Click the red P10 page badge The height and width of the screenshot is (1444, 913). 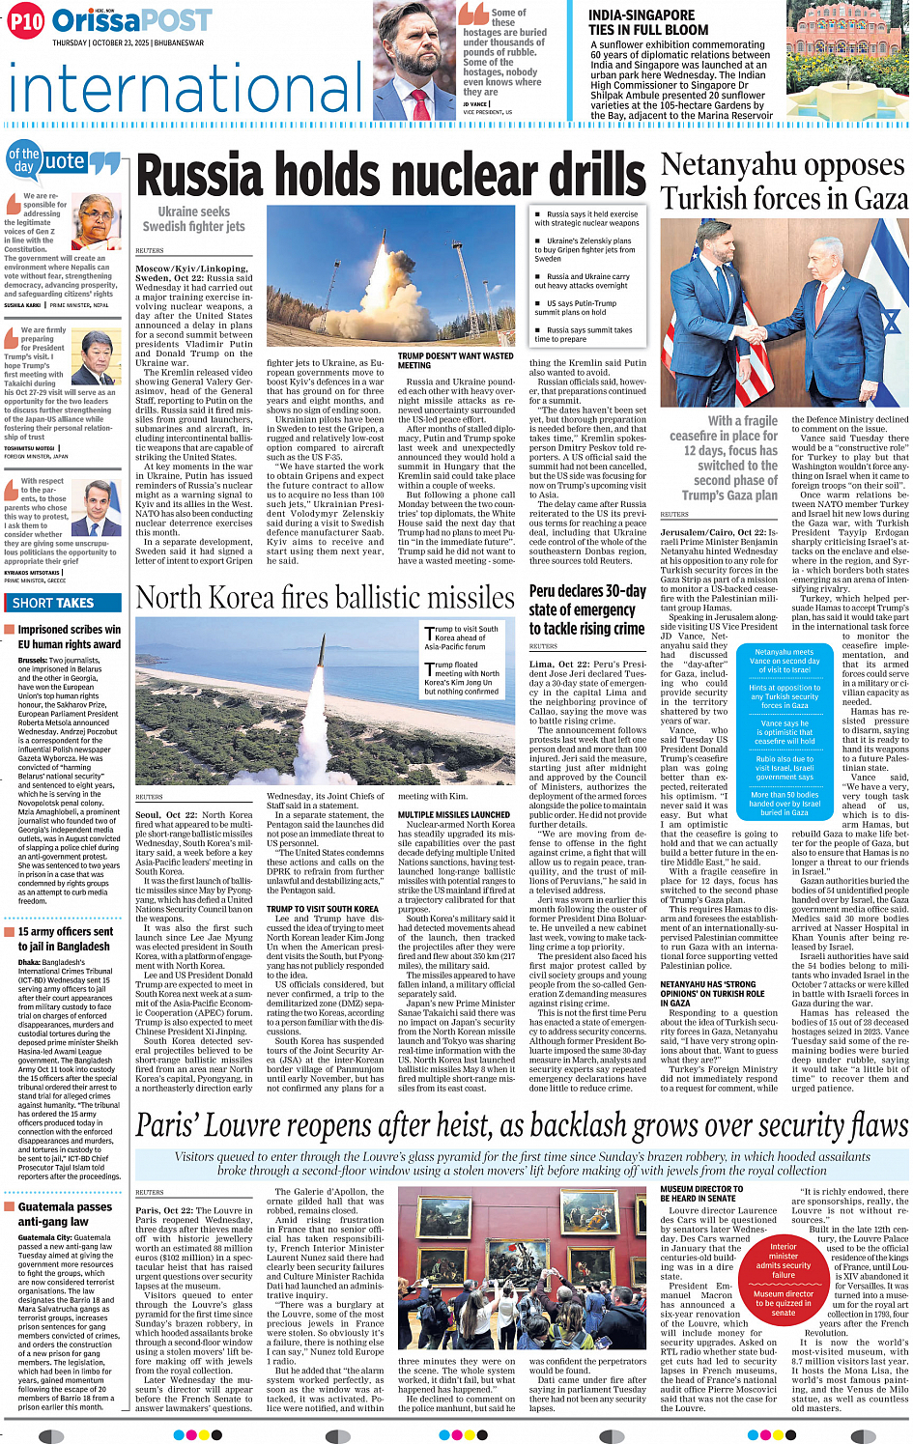click(x=26, y=20)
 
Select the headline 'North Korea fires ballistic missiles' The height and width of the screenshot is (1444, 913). click(x=325, y=598)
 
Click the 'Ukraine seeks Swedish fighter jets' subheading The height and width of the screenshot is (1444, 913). click(x=193, y=219)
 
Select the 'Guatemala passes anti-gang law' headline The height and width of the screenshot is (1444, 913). click(x=65, y=1214)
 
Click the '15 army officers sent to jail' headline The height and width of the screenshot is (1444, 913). click(x=65, y=939)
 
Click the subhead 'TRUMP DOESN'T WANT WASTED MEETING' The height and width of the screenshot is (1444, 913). click(x=455, y=360)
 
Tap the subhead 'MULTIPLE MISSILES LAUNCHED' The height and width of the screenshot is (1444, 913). click(x=454, y=814)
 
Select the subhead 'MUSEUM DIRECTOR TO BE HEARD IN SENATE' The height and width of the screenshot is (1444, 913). click(x=702, y=1194)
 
